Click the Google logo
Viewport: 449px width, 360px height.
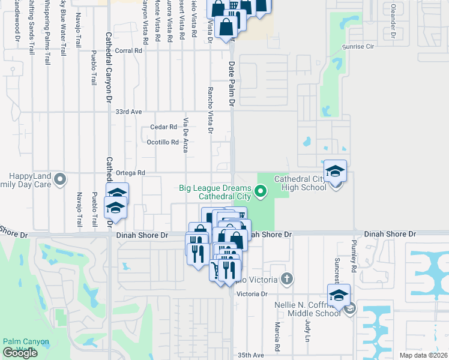click(20, 352)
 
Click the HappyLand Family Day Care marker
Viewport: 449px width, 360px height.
click(59, 179)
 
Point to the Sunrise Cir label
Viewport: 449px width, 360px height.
click(358, 46)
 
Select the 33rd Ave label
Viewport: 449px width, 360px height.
click(128, 112)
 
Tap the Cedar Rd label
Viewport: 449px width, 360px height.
click(163, 127)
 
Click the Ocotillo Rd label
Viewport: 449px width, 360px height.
click(163, 142)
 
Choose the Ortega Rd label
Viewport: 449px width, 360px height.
click(133, 173)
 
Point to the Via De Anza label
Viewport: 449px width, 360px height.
click(186, 135)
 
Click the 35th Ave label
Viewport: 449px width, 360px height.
click(250, 355)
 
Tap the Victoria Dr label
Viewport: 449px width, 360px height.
click(252, 294)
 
